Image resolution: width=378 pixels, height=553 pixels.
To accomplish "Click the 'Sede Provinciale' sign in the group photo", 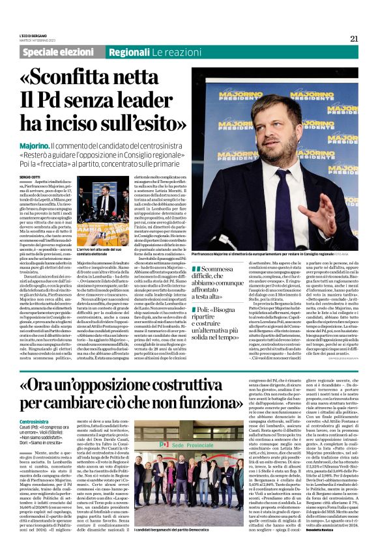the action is point(183,427).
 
